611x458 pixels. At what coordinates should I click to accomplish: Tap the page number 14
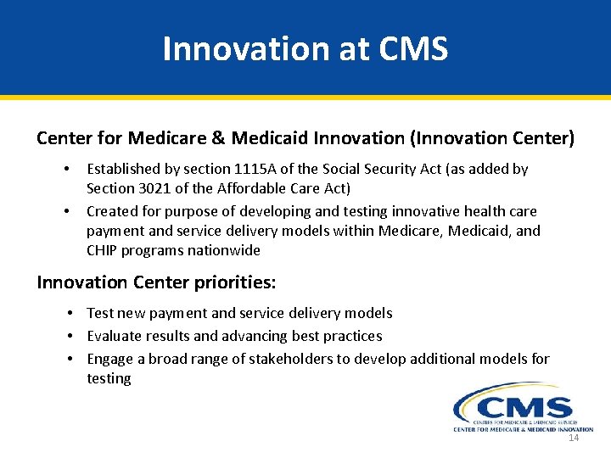[x=574, y=438]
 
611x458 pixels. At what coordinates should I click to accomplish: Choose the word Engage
[x=109, y=359]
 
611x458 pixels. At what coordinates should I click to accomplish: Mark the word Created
[x=112, y=211]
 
